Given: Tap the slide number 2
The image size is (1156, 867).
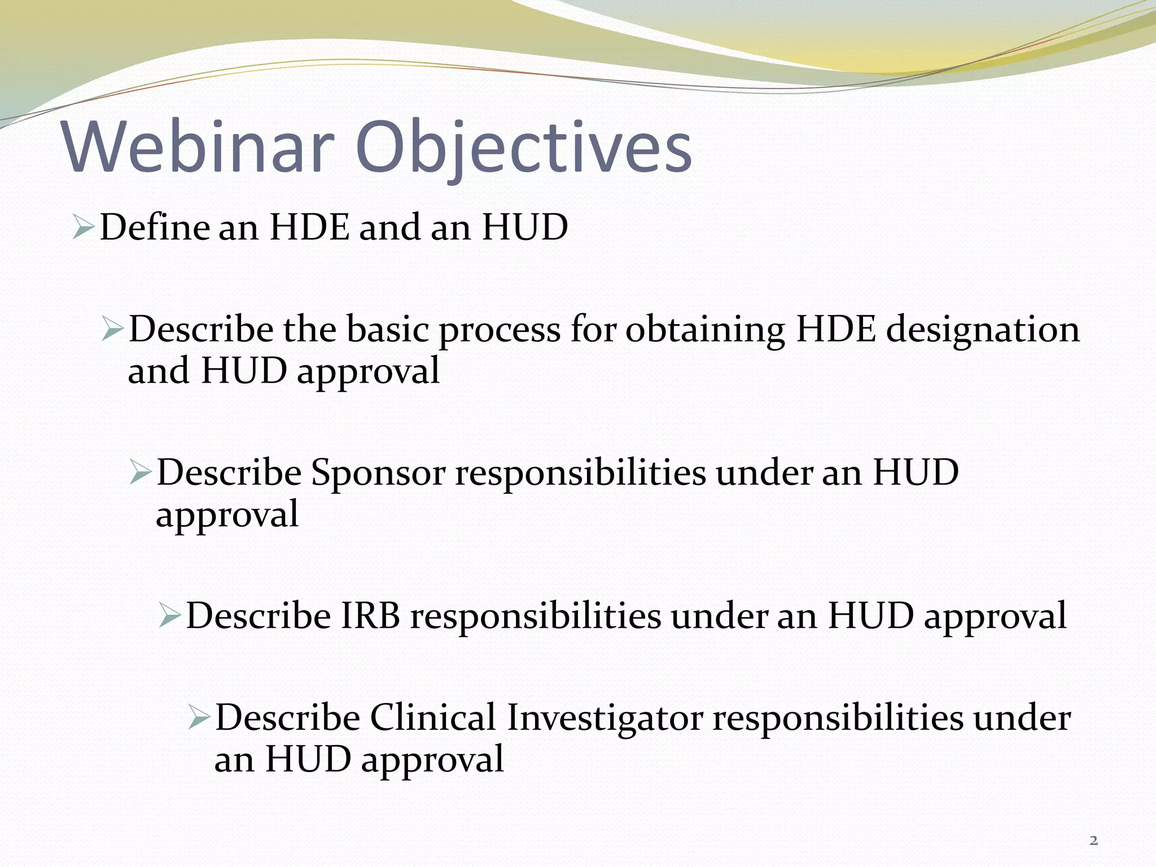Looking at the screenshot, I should coord(1093,841).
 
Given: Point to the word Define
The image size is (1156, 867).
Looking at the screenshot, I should coord(155,227).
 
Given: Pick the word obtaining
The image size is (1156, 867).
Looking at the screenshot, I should coord(705,330).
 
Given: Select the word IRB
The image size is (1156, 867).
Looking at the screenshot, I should coord(370,615).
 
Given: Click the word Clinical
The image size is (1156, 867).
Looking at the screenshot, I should coord(433,717).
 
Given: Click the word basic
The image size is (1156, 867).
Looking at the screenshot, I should coord(388,330).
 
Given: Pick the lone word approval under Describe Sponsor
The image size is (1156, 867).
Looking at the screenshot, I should coord(227,515).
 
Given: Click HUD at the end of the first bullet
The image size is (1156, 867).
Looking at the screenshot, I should coord(524,227).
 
